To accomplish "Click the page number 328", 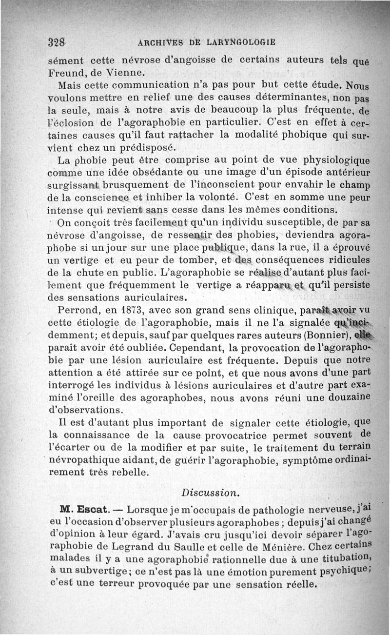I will [x=58, y=41].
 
